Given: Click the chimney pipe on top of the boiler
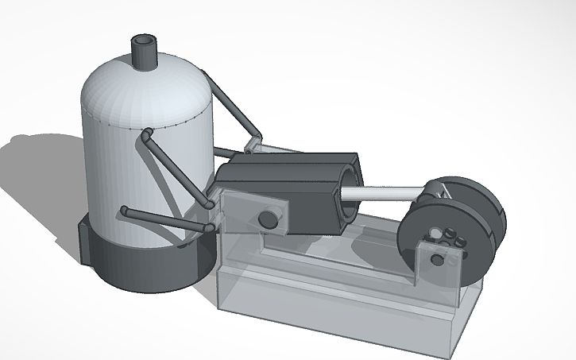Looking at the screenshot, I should tap(145, 52).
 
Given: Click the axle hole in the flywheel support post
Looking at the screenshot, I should tap(434, 258).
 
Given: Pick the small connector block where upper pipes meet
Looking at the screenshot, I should tap(254, 145).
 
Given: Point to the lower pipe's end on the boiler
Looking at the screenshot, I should tap(125, 211).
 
